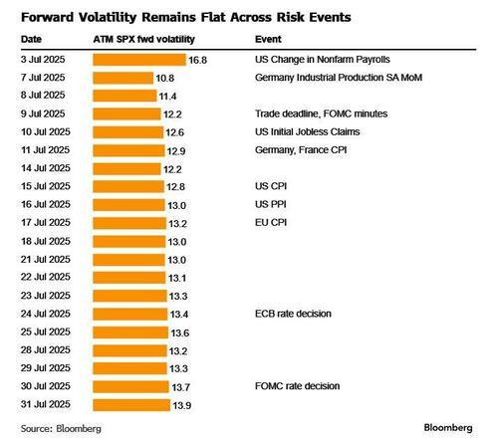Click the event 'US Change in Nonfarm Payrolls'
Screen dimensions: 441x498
click(324, 60)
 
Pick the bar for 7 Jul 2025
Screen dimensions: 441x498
click(122, 78)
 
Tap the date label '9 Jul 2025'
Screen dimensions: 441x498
click(45, 113)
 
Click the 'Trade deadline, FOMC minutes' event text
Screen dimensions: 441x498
click(321, 113)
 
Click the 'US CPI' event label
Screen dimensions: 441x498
click(272, 186)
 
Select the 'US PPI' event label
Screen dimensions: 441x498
click(272, 204)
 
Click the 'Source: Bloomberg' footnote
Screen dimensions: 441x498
click(60, 428)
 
